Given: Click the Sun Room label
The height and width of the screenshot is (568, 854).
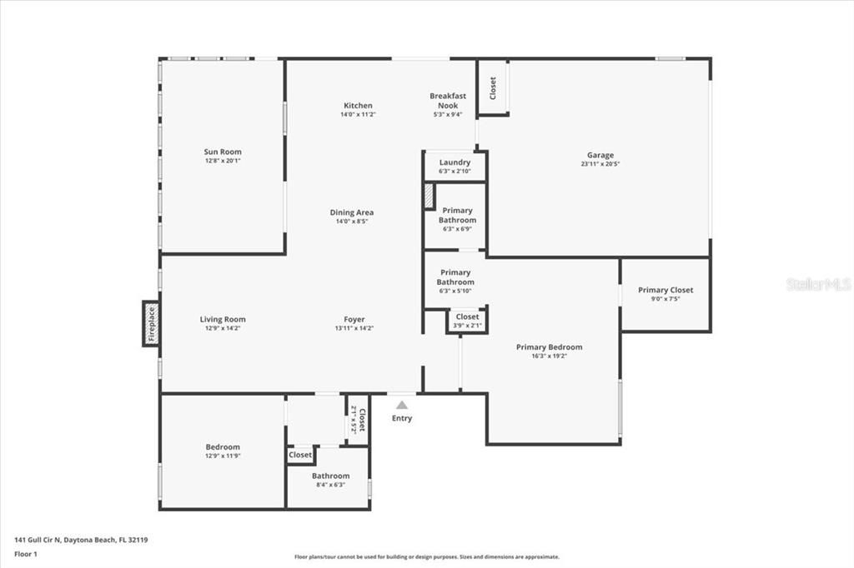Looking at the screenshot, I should coord(223,152).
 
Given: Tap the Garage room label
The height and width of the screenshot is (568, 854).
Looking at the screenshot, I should coord(600,155).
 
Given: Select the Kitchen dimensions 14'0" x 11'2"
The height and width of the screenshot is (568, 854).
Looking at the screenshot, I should coord(358,115).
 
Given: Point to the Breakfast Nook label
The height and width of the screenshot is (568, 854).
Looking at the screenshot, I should coord(448,101).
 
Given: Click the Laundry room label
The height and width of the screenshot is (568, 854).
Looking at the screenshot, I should coord(455,162).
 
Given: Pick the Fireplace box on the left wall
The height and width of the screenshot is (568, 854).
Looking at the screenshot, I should coord(151,323).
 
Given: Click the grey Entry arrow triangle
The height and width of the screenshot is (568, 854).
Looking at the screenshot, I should coord(402,405).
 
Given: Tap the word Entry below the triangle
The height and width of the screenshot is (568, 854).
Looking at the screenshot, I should coord(402,418).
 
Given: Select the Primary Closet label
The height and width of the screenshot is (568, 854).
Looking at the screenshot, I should coord(666,290).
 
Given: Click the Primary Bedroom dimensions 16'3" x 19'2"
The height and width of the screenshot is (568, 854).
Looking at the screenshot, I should coord(549,356).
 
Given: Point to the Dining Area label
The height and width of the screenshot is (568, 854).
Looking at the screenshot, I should coord(351,212).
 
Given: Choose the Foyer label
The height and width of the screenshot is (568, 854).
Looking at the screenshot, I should coord(354,319).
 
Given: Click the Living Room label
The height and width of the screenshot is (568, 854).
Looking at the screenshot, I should coord(223,319).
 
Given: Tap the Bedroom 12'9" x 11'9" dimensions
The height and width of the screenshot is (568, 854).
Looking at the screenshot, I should coord(223,456).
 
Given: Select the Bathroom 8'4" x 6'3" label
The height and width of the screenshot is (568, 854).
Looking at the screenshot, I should coord(330,476).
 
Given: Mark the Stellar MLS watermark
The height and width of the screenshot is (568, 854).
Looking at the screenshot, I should coord(817,284).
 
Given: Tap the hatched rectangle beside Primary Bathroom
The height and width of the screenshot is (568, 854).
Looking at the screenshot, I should coord(429,197).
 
